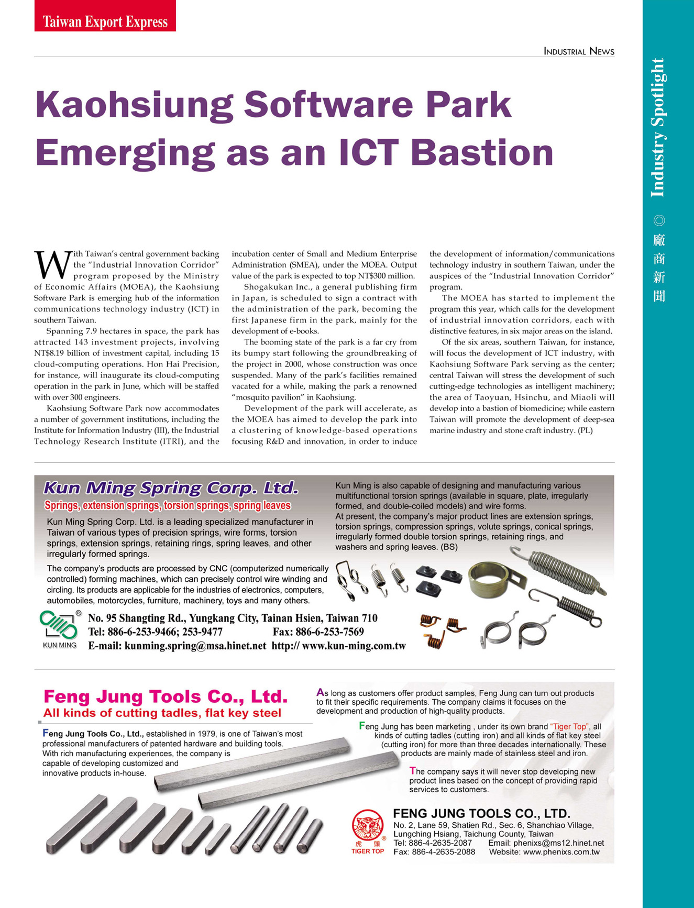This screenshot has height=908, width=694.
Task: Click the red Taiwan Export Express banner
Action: pos(105,21)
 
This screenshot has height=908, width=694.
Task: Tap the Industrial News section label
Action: pos(579,51)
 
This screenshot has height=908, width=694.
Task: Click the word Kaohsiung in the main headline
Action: pos(134,104)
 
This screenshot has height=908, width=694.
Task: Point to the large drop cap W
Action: pos(52,265)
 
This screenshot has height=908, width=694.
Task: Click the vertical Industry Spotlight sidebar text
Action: pos(658,128)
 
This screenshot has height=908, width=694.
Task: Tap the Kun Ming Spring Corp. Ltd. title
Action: pos(171,488)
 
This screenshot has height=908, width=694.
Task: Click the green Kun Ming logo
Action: pos(59,626)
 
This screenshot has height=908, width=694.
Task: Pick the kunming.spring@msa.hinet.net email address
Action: pos(195,646)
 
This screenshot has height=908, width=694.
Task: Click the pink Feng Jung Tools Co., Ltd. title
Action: pos(166,696)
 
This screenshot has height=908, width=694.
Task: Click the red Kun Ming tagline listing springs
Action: pos(168,505)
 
